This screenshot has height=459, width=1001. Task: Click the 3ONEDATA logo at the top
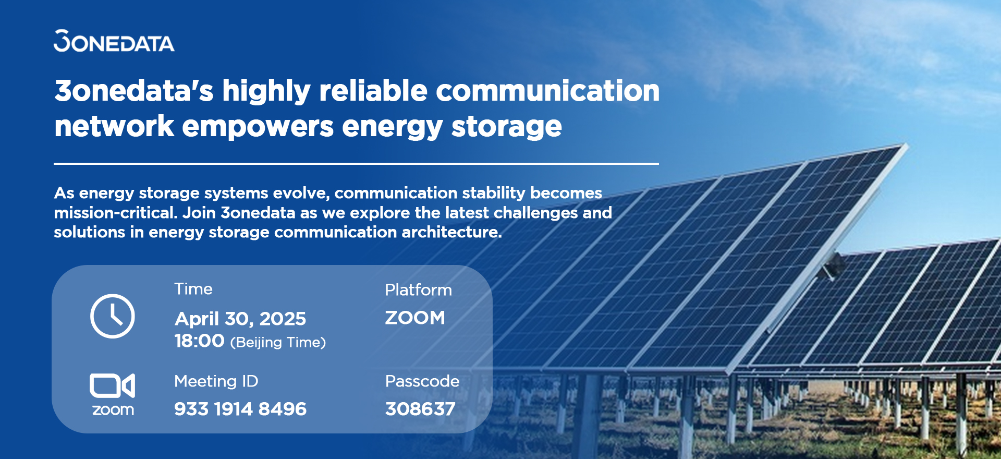[114, 41]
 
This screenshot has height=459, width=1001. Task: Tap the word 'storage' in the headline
[507, 127]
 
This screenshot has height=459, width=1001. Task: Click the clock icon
[112, 316]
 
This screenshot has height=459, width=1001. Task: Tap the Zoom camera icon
[112, 385]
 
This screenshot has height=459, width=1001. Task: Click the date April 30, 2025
[240, 318]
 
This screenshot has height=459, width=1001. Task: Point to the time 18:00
[199, 341]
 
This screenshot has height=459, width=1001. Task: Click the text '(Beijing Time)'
[278, 343]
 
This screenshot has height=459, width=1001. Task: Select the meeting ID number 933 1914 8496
[240, 409]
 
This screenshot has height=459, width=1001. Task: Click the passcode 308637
[420, 409]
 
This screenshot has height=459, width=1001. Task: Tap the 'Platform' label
[418, 290]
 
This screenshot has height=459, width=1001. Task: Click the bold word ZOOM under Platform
[415, 318]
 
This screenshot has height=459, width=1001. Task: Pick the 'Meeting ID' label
[216, 381]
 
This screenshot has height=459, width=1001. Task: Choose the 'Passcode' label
[422, 381]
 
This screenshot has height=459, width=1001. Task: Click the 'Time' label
[193, 289]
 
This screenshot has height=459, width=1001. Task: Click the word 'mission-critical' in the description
[115, 213]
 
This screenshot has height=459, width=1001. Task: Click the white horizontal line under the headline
[356, 164]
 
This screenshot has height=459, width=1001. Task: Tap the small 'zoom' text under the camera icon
[113, 410]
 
